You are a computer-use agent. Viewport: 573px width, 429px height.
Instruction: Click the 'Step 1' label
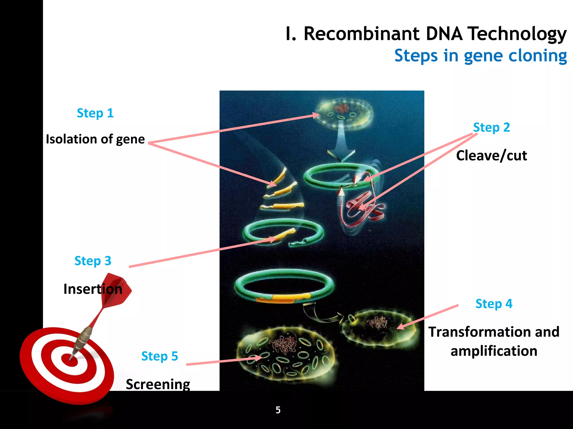[95, 113]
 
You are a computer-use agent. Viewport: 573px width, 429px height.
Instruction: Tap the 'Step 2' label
[492, 128]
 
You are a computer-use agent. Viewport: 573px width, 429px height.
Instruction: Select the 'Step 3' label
[93, 261]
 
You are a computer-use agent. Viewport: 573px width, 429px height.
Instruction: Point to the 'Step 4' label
[494, 304]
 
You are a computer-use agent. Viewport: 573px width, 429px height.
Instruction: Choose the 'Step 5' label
[159, 356]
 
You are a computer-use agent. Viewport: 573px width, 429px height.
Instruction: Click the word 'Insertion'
[93, 289]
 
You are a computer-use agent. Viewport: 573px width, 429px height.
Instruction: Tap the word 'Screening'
[158, 384]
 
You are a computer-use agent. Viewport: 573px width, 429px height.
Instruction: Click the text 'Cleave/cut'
[491, 156]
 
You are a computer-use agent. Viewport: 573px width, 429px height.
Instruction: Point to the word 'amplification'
[494, 351]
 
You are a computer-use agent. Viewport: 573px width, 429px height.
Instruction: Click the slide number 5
[278, 410]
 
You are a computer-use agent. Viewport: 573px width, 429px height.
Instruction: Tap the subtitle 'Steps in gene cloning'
[480, 56]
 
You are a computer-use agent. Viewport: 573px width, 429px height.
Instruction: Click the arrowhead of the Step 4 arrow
[400, 327]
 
